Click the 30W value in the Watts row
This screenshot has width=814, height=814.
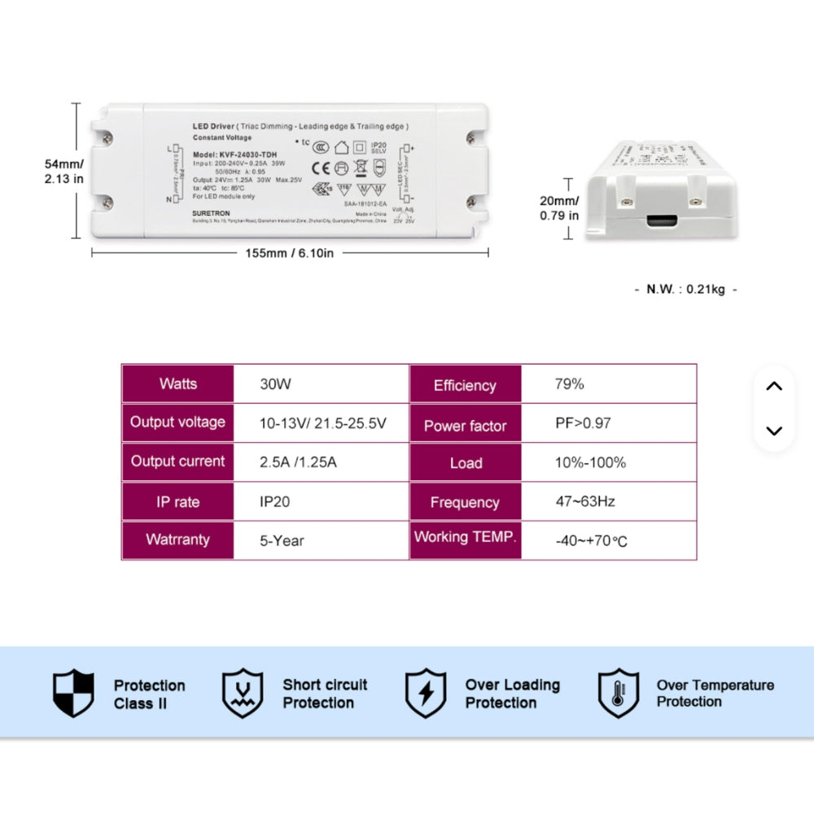275,384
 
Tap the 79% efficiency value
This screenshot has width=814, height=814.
570,384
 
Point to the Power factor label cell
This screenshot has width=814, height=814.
465,426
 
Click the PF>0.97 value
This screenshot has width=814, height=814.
583,423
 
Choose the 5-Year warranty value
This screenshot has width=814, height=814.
282,540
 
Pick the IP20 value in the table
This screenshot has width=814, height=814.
274,501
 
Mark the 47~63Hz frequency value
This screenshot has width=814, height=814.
584,501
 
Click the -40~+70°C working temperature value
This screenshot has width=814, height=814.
591,540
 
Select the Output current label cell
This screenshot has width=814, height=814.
177,462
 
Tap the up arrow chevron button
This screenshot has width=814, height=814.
774,387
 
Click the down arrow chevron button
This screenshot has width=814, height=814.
774,431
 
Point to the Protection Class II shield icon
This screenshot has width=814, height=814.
73,694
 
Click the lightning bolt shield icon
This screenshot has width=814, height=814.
425,694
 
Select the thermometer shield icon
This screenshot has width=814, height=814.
618,694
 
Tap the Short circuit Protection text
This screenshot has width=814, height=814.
324,694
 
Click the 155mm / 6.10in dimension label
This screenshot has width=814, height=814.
290,253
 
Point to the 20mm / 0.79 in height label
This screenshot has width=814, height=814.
559,208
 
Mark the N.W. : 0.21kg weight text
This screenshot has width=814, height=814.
685,290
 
